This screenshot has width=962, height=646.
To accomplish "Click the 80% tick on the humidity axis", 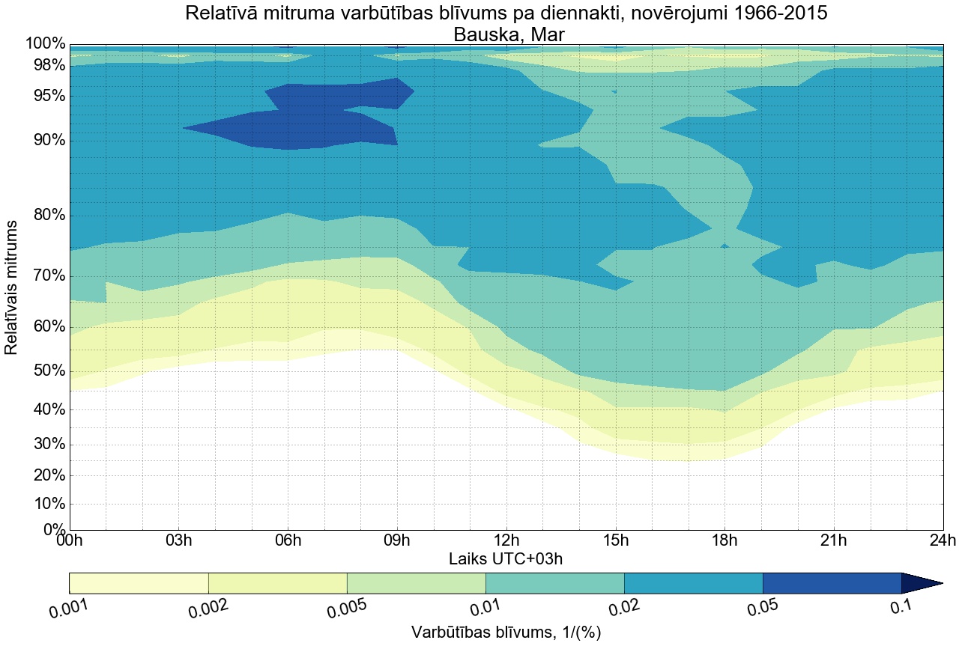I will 46,216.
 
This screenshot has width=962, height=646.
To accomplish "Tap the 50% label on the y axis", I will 46,372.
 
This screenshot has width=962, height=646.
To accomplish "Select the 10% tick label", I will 46,504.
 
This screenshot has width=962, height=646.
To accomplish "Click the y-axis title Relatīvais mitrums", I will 12,287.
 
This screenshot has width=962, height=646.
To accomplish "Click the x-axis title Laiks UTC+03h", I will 506,559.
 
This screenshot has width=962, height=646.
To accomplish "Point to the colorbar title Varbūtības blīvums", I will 506,633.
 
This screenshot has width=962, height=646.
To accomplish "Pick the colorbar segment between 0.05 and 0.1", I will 832,583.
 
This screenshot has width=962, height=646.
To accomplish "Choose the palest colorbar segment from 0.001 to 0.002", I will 139,583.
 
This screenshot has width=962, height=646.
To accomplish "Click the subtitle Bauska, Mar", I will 506,34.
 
